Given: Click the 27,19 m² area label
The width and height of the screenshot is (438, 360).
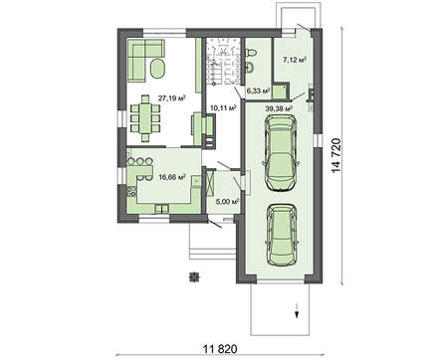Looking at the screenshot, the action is [x=171, y=98].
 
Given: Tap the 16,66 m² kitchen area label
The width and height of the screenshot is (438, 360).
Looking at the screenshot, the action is [x=172, y=177].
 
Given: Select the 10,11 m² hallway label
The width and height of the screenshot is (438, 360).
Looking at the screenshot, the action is [x=223, y=107].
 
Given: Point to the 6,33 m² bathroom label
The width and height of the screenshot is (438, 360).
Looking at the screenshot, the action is [x=257, y=90].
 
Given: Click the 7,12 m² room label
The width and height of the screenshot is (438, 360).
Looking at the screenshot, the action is [x=294, y=60].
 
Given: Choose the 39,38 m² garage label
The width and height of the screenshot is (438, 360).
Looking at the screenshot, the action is [x=279, y=108].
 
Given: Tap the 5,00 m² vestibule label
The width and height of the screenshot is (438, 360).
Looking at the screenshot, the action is [x=228, y=201].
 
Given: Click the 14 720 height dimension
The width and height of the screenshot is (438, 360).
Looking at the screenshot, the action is [x=336, y=155].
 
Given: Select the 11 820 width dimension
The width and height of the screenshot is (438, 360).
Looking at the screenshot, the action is [x=220, y=349].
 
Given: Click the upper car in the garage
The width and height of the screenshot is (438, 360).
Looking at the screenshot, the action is [x=281, y=153].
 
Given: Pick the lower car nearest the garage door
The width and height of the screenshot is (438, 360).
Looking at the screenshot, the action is [x=282, y=234].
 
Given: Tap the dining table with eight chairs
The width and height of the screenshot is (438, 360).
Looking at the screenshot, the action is [x=145, y=118].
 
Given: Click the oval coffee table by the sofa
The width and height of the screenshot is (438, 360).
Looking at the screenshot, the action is [x=157, y=69].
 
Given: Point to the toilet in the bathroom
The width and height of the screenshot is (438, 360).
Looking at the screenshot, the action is [x=252, y=53].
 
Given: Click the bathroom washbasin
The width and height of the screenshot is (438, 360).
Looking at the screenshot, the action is [x=251, y=68].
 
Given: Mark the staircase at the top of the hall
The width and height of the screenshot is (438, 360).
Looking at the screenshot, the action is [x=222, y=62].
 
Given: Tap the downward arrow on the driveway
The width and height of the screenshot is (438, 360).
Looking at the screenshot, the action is [x=297, y=310].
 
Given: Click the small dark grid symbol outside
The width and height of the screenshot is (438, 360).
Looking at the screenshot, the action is [x=193, y=276].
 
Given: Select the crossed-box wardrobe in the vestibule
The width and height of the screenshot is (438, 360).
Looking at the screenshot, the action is [x=210, y=182].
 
